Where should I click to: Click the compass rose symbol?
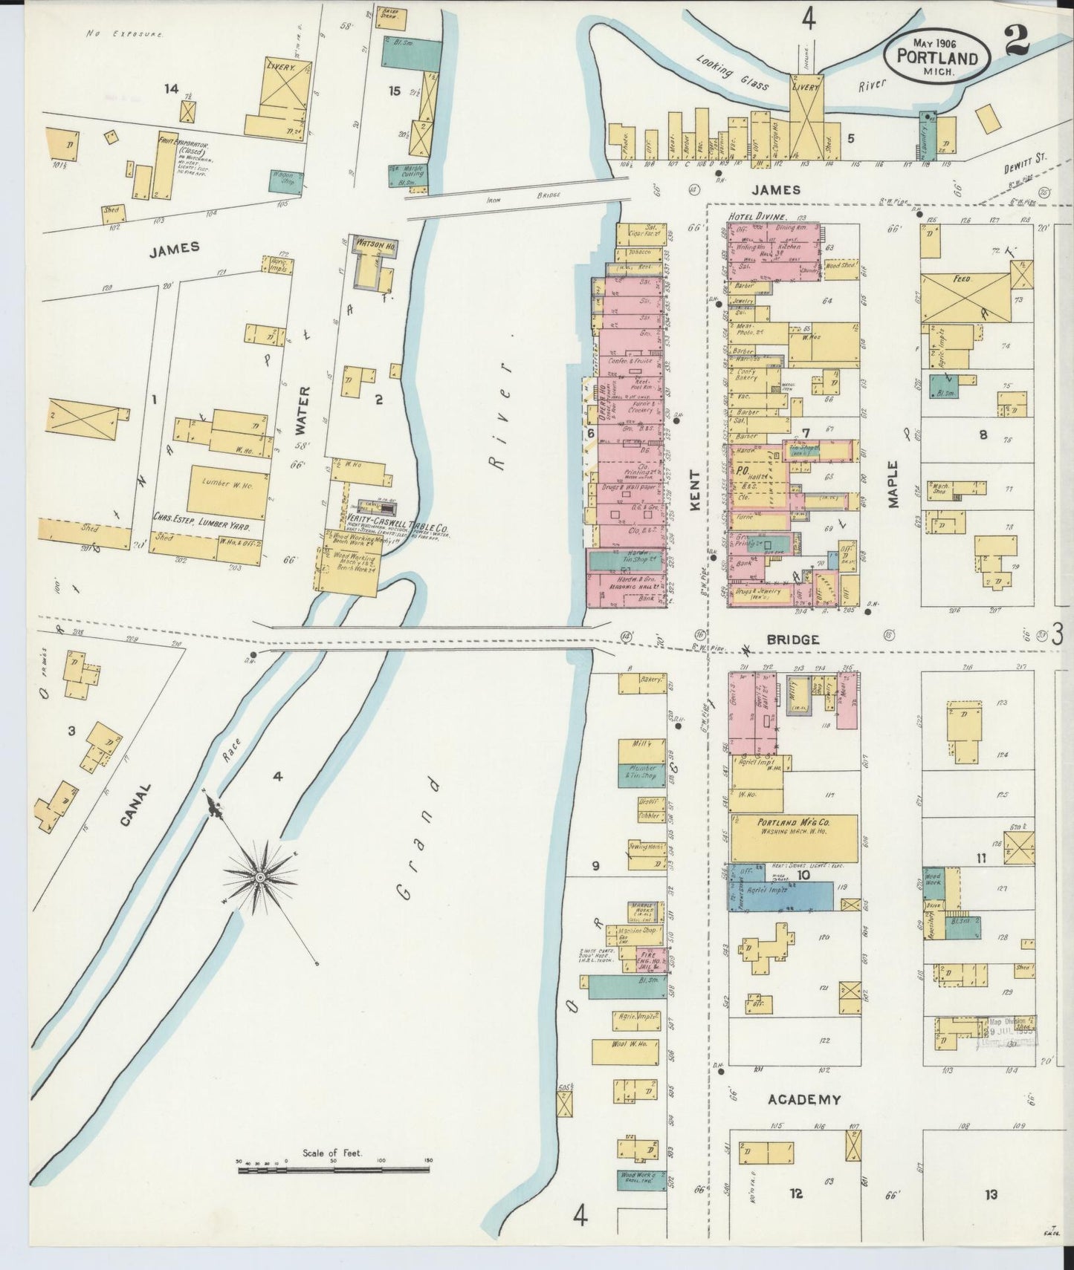coord(261,877)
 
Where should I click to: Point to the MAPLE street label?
coord(893,484)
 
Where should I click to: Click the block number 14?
coord(172,89)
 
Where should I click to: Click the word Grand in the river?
coord(417,838)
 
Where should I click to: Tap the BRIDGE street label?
coord(793,639)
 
